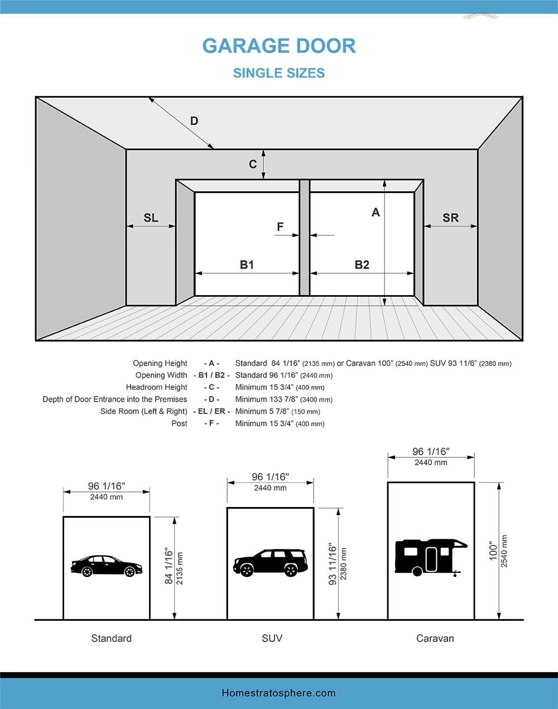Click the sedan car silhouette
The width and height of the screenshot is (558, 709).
(x=107, y=566)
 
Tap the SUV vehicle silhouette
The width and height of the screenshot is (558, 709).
(x=270, y=563)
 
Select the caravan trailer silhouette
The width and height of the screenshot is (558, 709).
(x=431, y=557)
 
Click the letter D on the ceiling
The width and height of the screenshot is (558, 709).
(x=194, y=121)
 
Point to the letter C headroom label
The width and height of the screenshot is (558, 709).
(x=253, y=164)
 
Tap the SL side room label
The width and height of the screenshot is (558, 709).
(x=151, y=218)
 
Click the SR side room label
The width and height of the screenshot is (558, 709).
(x=450, y=218)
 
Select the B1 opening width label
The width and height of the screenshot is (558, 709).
(x=247, y=264)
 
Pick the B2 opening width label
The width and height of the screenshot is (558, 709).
(x=362, y=264)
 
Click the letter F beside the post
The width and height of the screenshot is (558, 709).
(x=280, y=226)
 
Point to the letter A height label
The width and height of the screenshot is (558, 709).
(x=376, y=213)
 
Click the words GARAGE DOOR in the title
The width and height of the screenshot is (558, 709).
(x=279, y=46)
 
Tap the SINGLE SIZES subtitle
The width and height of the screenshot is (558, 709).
(x=279, y=73)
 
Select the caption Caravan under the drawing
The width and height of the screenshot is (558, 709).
(x=435, y=638)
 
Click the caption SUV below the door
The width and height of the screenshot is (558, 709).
(x=272, y=638)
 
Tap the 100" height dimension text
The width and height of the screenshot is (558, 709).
(x=493, y=551)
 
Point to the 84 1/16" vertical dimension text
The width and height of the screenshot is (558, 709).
(x=169, y=566)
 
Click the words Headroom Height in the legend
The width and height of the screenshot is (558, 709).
(x=157, y=387)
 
